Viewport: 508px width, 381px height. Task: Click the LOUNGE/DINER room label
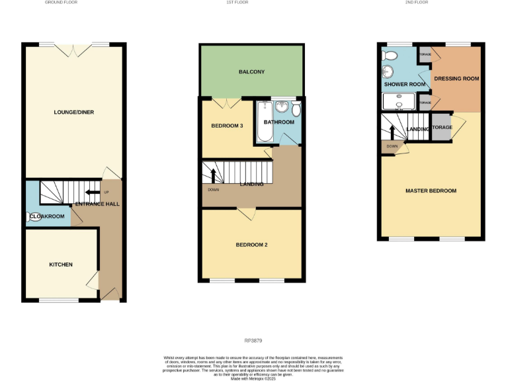pyautogui.click(x=73, y=112)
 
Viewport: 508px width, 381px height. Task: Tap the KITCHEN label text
pyautogui.click(x=61, y=265)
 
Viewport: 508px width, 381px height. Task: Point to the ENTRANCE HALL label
pyautogui.click(x=97, y=204)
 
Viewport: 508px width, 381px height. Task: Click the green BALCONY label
pyautogui.click(x=251, y=71)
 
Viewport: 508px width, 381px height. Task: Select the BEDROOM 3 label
pyautogui.click(x=228, y=126)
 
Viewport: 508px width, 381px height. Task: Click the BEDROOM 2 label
pyautogui.click(x=251, y=245)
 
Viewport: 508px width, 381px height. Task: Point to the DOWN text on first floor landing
pyautogui.click(x=213, y=190)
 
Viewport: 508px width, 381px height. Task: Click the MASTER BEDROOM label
pyautogui.click(x=431, y=190)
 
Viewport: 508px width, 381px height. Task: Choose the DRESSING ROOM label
pyautogui.click(x=456, y=79)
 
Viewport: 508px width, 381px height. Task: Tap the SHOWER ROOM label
pyautogui.click(x=404, y=84)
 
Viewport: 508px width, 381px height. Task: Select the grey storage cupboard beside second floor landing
pyautogui.click(x=441, y=127)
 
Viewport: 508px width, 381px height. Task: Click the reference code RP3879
pyautogui.click(x=253, y=341)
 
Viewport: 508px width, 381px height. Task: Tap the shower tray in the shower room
pyautogui.click(x=400, y=101)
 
